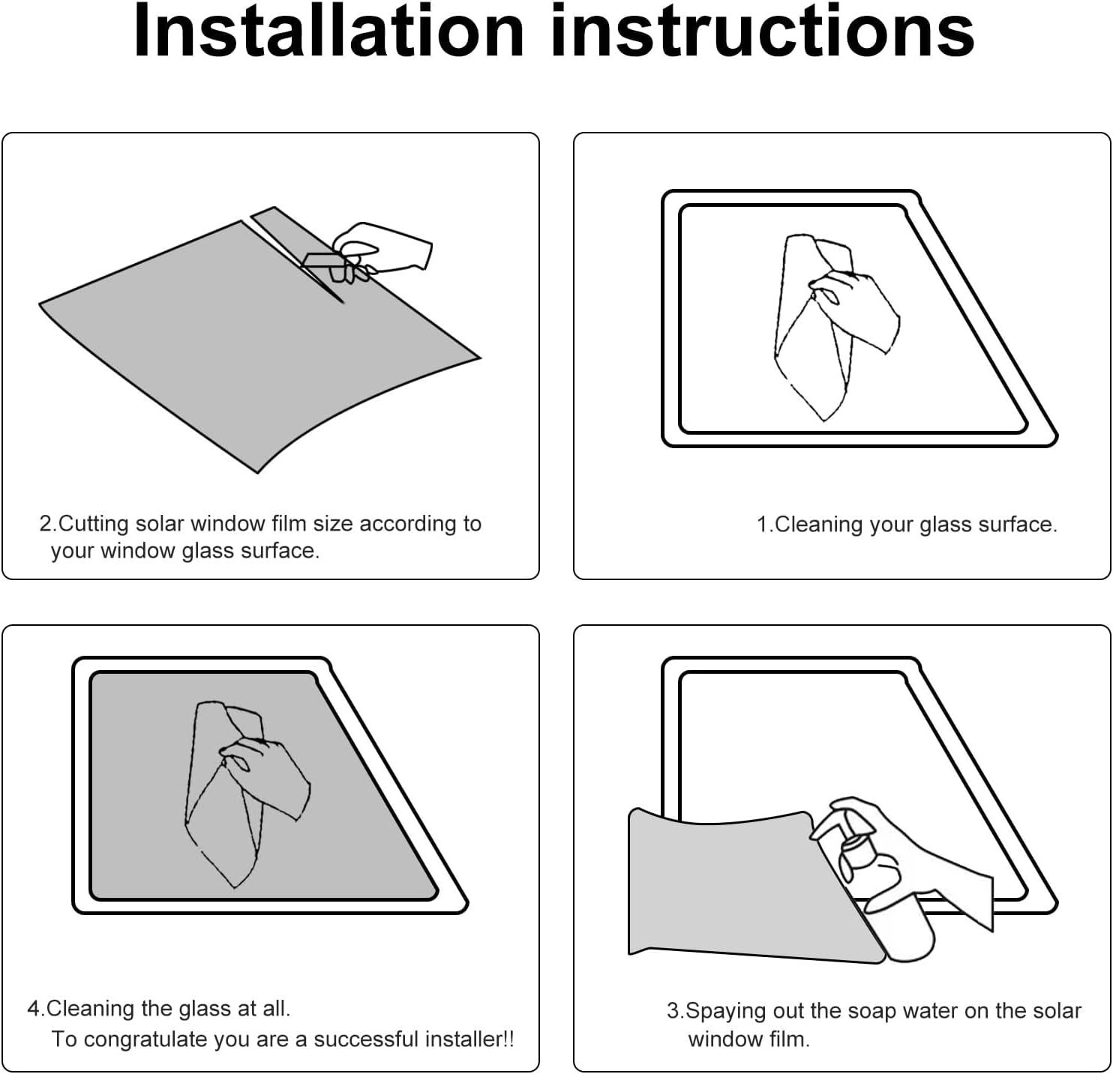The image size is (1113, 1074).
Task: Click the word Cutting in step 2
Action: (x=93, y=524)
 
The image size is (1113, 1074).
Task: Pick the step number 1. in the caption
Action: (x=765, y=525)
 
